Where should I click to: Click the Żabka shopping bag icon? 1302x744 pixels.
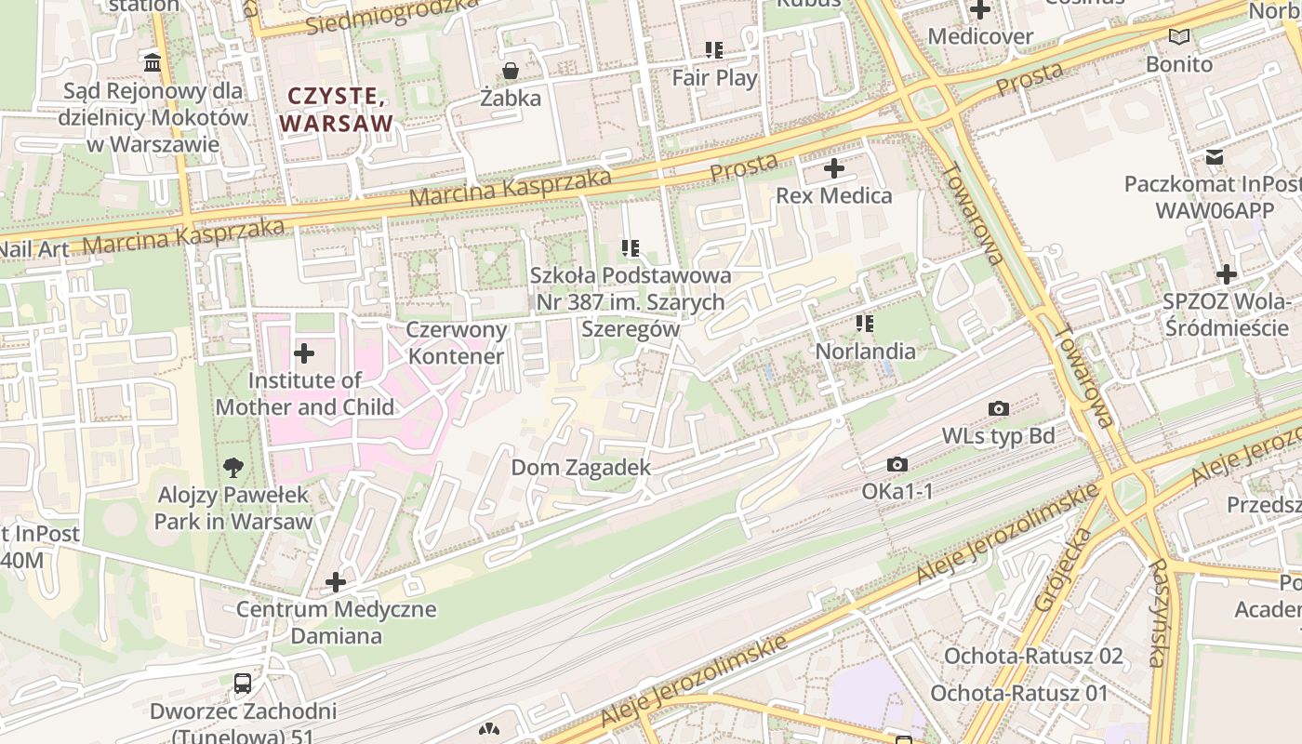(511, 71)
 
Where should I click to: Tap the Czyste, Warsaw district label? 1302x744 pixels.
(336, 109)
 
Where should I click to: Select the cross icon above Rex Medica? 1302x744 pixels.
(834, 168)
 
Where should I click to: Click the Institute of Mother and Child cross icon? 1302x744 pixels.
(304, 353)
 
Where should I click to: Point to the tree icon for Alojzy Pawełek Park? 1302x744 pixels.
(233, 468)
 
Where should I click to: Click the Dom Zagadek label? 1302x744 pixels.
(580, 467)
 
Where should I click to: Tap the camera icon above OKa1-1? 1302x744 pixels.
(897, 464)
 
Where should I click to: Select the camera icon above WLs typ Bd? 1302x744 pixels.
(999, 408)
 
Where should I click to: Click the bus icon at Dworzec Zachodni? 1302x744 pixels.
(243, 684)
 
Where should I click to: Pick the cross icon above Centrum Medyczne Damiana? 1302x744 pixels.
(336, 583)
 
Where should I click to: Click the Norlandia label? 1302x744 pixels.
(865, 352)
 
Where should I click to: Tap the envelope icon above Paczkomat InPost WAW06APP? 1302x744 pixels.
(1215, 156)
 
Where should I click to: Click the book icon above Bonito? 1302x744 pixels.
(1179, 37)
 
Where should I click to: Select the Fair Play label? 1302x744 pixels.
(714, 78)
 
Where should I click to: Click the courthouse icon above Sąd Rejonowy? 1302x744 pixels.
(153, 63)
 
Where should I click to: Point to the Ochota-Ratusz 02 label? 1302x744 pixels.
(1033, 656)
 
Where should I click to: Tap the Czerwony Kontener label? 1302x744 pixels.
(457, 342)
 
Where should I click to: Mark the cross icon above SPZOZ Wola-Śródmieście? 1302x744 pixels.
(1227, 274)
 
